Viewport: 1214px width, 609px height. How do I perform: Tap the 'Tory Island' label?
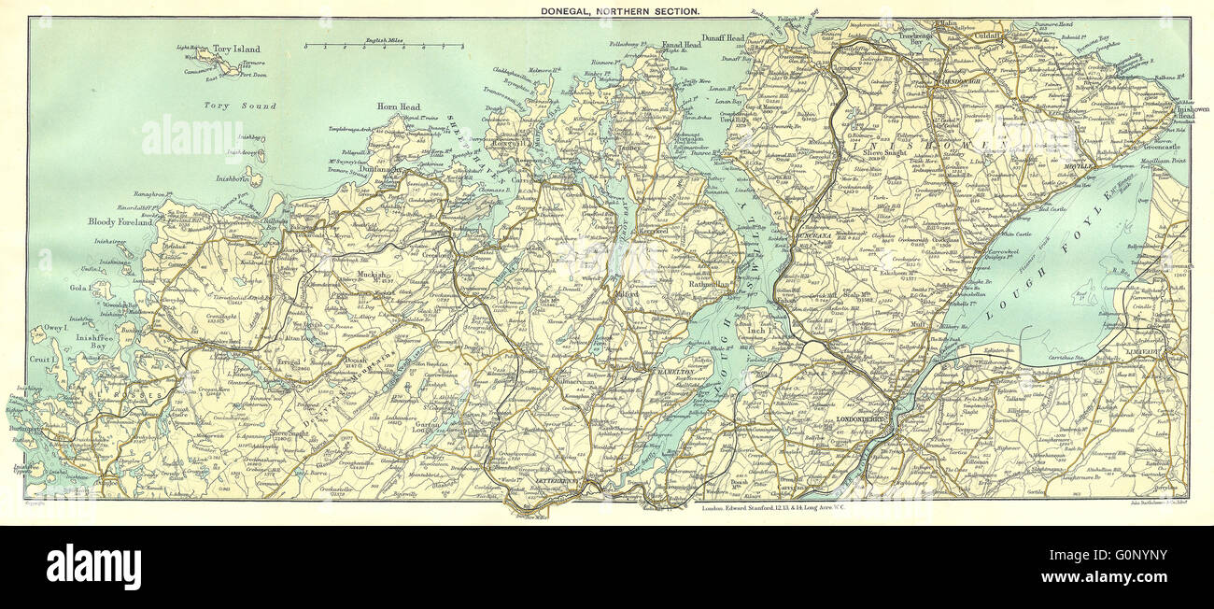tap(235, 49)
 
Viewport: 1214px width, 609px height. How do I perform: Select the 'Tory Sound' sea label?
tap(240, 106)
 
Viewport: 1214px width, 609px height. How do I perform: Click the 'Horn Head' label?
tap(398, 107)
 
